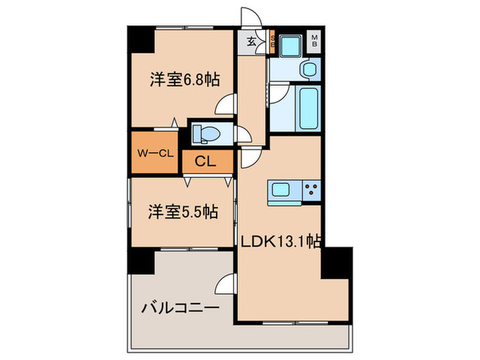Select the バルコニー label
coord(180,307)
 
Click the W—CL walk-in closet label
coord(156,154)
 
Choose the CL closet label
coord(206,163)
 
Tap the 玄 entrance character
coord(251,42)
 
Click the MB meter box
coord(315,41)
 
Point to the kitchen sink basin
coord(282,189)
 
